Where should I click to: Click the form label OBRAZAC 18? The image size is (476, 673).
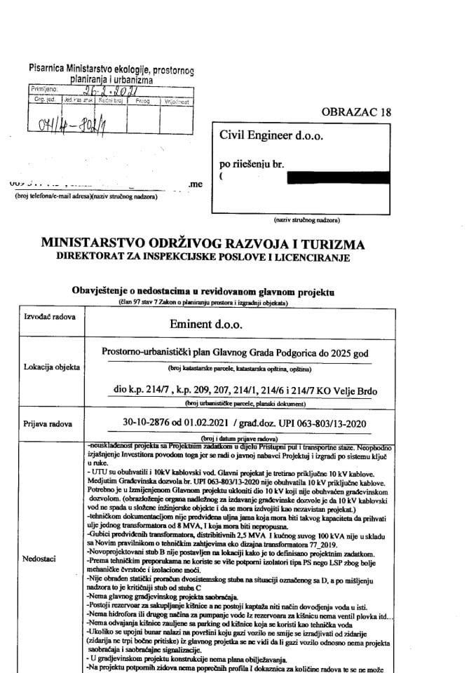click(356, 112)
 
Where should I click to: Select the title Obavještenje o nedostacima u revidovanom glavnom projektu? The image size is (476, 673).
click(204, 291)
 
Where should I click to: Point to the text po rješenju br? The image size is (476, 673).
click(252, 164)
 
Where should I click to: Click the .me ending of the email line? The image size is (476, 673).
click(195, 184)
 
